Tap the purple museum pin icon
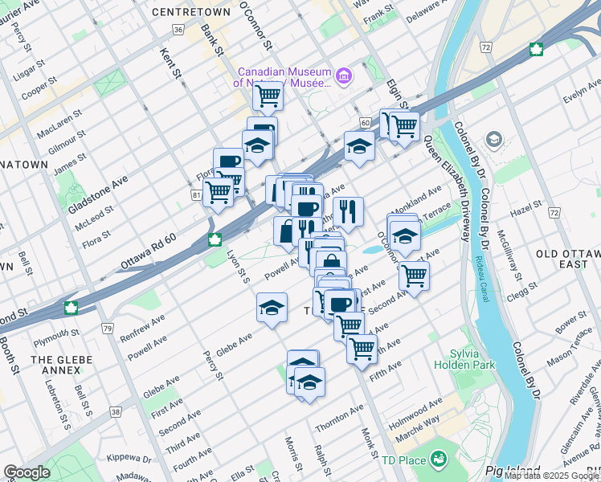pos(344,76)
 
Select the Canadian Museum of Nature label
pos(284,76)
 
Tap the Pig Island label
pos(513,471)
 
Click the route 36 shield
pos(178,29)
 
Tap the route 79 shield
pos(108,328)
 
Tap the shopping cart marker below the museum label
pos(268,97)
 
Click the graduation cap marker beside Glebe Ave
pos(272,308)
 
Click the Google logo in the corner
pos(27,472)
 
